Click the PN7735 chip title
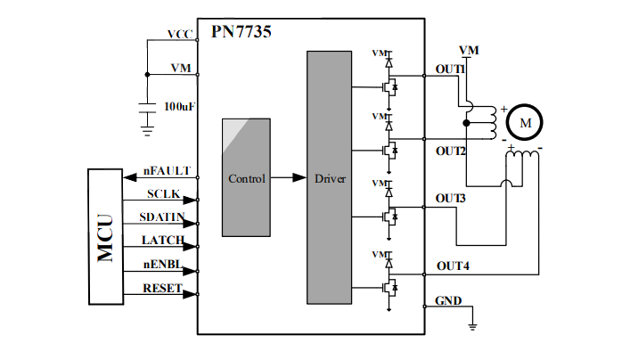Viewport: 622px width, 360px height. [241, 32]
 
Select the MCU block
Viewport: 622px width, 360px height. [105, 237]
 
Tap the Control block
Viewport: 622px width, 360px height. [246, 177]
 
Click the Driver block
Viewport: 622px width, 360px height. [329, 177]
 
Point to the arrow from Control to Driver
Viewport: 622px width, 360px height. [289, 177]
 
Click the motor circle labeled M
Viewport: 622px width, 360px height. [524, 122]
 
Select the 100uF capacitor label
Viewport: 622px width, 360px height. [179, 107]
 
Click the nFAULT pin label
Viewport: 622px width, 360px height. [167, 171]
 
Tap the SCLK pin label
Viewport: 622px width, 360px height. [163, 194]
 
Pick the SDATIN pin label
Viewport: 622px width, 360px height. [162, 217]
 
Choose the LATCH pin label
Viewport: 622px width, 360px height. [163, 241]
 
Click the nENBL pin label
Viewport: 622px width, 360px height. [163, 264]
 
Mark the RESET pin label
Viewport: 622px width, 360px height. [163, 288]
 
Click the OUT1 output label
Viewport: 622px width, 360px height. [450, 70]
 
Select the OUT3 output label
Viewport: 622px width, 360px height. [450, 198]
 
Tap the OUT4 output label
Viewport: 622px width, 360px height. [453, 266]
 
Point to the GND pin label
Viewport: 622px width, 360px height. [448, 300]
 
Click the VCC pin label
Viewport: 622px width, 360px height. [180, 35]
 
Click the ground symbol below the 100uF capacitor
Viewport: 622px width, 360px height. [147, 132]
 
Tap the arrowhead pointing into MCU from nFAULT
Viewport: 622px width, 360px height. [130, 177]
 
